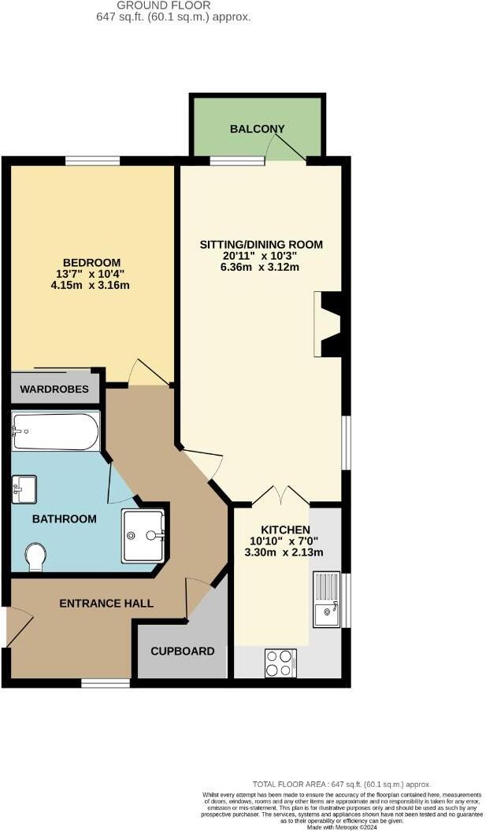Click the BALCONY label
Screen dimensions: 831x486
(x=257, y=129)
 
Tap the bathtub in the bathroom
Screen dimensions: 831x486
(x=55, y=432)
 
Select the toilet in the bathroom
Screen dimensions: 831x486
(x=35, y=557)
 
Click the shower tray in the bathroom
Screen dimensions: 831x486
(x=143, y=536)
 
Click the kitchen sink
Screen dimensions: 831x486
(x=326, y=600)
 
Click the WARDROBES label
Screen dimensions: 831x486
(x=55, y=389)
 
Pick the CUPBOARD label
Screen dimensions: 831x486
(x=183, y=651)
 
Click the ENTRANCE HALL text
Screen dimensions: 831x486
(x=106, y=604)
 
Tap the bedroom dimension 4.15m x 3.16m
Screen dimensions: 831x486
(x=92, y=285)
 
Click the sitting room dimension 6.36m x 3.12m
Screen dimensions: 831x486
(x=261, y=267)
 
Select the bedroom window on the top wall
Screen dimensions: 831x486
(x=92, y=161)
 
